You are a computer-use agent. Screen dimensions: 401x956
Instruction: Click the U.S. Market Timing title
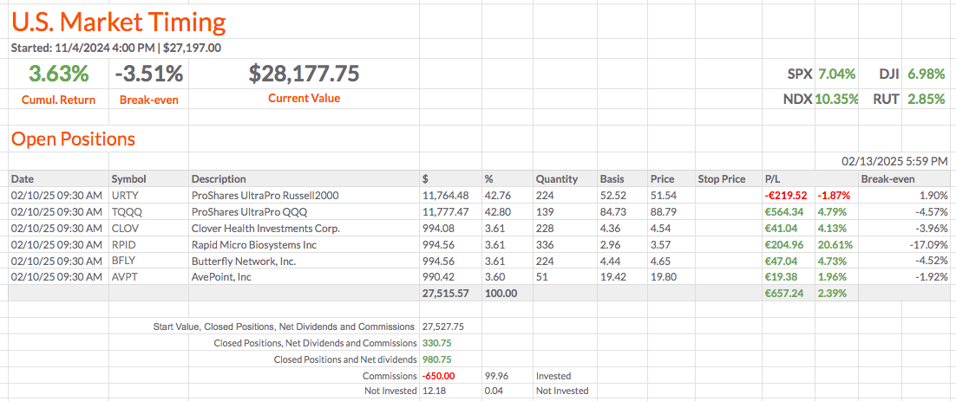[x=118, y=22]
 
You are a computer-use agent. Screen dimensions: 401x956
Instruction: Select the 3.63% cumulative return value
[x=58, y=74]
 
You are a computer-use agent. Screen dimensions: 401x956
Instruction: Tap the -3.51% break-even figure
[x=148, y=74]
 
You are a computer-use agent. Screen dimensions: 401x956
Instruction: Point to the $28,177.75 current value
[x=304, y=74]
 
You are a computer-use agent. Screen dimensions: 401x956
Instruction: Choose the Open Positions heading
[x=73, y=139]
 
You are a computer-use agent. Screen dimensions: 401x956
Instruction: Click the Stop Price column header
[x=721, y=179]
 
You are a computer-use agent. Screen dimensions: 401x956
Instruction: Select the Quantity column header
[x=556, y=179]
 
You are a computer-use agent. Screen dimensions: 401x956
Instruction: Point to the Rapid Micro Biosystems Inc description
[x=253, y=245]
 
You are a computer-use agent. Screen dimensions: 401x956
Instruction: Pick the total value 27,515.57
[x=444, y=294]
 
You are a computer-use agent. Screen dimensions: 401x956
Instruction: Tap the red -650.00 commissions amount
[x=438, y=377]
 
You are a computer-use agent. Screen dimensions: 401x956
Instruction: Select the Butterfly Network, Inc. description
[x=244, y=262]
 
